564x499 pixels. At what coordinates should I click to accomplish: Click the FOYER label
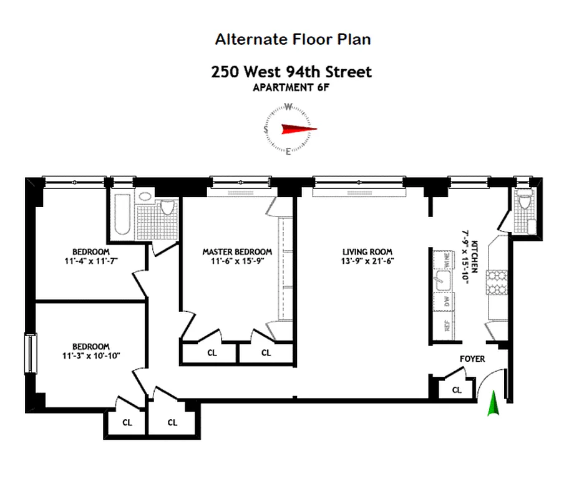[472, 359]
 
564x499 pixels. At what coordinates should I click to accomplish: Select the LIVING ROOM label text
[367, 252]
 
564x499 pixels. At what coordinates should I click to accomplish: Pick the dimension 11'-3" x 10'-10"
[91, 356]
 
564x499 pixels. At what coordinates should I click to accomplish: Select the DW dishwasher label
[446, 301]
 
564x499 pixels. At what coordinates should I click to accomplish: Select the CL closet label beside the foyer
[457, 390]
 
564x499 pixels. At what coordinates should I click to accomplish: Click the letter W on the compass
[288, 106]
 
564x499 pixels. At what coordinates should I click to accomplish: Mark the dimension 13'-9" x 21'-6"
[367, 261]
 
